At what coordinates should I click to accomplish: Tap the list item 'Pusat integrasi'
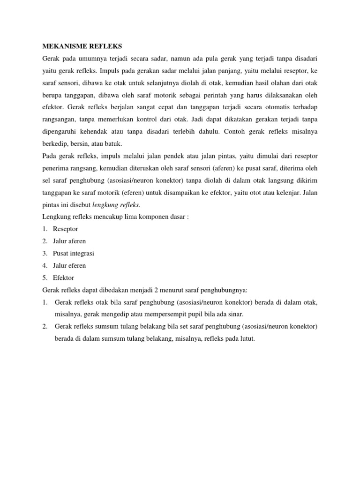[x=74, y=253]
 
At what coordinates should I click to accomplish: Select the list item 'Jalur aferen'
[x=69, y=241]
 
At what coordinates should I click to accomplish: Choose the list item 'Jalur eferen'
[x=69, y=265]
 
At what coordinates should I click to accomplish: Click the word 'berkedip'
[x=55, y=143]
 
